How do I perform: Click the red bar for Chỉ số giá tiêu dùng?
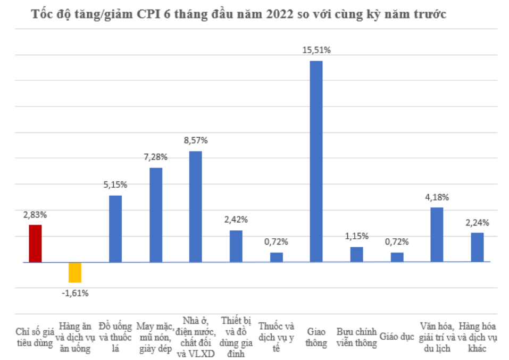coord(35,244)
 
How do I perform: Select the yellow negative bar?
coord(75,272)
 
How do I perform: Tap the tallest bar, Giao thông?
coord(316,161)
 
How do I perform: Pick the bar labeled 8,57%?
coord(196,206)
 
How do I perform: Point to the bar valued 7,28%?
coord(155,215)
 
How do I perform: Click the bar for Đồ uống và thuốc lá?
coord(115,229)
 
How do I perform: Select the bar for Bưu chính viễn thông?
coord(356,254)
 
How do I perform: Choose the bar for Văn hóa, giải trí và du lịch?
coord(437,235)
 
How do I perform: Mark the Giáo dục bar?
coord(397,257)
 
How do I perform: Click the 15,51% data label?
coord(316,50)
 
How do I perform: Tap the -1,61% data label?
coord(75,292)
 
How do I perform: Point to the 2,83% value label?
coord(35,215)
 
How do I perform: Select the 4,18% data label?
coord(437,197)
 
